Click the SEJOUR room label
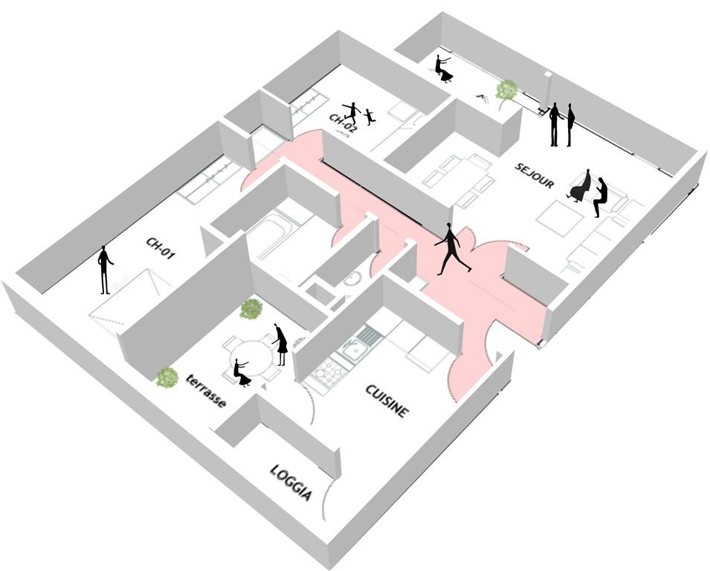point(535,175)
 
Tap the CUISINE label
point(386,401)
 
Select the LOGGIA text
point(291,483)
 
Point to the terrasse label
point(206,390)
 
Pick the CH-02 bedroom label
point(343,122)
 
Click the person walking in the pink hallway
point(452,248)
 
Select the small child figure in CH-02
point(369,116)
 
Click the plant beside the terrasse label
point(167,377)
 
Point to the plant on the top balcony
point(507,90)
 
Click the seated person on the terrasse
point(242,372)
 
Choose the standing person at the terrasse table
point(280,344)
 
